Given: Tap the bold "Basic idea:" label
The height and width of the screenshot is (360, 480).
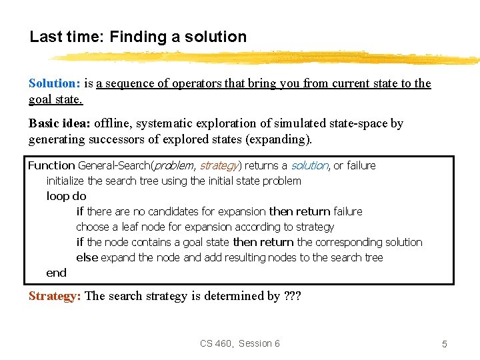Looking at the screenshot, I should pos(59,123).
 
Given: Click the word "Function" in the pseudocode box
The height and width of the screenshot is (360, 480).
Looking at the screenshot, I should pos(51,165).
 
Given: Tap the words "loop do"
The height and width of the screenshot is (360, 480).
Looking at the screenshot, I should pos(66,196).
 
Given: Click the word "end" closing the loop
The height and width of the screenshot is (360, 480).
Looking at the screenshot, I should pos(56,272).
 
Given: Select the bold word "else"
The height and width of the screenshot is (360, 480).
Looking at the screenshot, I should pos(87,257).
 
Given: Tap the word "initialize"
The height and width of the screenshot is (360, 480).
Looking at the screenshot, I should pos(65,181).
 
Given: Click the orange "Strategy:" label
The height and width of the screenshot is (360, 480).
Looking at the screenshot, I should pos(55,296).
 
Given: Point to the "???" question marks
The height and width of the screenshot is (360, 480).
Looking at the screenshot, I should pos(292,296).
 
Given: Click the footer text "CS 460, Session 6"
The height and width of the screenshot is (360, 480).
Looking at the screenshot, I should pos(240,343).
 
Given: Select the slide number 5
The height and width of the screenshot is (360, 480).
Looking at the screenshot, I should pos(444,344).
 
